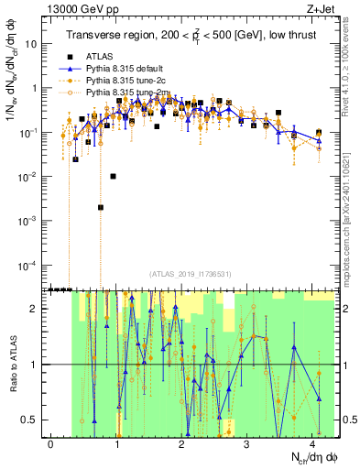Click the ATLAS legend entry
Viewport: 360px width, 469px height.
(100, 55)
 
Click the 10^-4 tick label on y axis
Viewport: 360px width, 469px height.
(27, 266)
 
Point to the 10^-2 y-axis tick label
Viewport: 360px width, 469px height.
(27, 177)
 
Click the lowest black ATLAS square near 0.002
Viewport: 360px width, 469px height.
(101, 208)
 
